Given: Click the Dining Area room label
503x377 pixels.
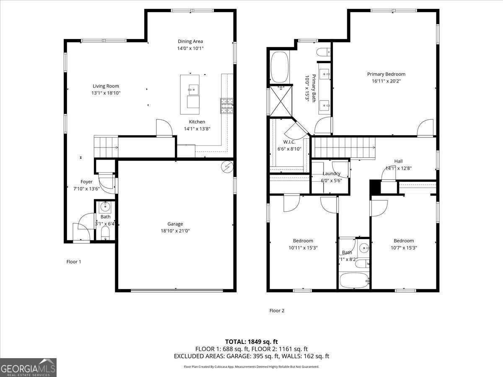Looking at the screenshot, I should click(190, 41).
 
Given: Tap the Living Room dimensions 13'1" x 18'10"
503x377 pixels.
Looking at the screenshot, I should click(106, 93).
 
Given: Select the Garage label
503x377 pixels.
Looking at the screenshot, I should click(175, 224).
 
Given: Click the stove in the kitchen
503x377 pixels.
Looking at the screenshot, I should click(226, 106).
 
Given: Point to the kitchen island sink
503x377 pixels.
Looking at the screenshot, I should click(193, 89).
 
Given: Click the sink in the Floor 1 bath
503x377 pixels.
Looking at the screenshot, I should click(105, 207).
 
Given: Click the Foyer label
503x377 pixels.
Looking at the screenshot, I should click(86, 182).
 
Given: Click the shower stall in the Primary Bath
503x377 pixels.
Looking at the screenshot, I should click(280, 101).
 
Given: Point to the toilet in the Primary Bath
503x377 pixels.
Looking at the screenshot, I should click(323, 52).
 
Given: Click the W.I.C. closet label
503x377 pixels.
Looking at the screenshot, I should click(289, 142).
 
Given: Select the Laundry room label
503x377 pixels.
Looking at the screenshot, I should click(331, 173).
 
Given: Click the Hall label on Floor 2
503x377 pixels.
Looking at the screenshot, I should click(398, 161).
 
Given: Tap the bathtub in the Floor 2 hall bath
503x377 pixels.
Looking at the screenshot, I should click(354, 280).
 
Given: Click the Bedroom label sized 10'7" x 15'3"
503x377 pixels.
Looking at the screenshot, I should click(403, 240).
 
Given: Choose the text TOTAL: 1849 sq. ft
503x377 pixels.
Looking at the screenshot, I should click(251, 341).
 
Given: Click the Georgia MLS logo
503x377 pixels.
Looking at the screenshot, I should click(28, 368).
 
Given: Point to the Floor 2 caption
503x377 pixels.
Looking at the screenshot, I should click(277, 310).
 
